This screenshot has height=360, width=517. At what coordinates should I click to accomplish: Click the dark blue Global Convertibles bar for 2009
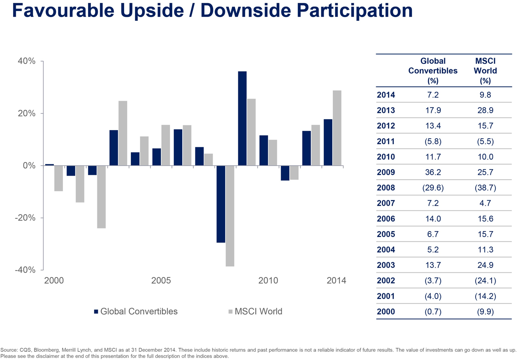[242, 118]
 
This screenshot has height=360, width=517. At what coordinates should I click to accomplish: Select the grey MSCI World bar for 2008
[230, 216]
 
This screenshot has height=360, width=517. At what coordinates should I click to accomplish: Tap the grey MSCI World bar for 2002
[101, 197]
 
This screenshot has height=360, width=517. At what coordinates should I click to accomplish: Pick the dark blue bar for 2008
[221, 204]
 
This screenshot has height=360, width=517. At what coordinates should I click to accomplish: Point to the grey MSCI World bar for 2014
[337, 128]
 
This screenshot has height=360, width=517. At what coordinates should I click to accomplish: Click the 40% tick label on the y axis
[27, 61]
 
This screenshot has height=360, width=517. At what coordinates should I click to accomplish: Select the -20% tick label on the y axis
[25, 218]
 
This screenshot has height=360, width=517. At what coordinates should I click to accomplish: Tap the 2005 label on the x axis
[161, 281]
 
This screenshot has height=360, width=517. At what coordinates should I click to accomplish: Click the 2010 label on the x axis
[268, 281]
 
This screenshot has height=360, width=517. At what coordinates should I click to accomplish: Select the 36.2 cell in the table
[433, 172]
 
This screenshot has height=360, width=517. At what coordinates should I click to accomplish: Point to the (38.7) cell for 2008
[485, 188]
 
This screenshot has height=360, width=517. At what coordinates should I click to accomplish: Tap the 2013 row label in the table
[386, 111]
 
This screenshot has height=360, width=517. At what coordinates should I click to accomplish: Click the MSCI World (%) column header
[485, 71]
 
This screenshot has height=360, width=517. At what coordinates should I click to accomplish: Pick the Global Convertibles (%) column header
[433, 71]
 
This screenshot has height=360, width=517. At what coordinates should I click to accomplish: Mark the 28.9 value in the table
[485, 111]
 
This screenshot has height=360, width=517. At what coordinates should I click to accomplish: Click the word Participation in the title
[354, 11]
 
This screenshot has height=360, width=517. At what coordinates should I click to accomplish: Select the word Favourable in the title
[62, 11]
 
